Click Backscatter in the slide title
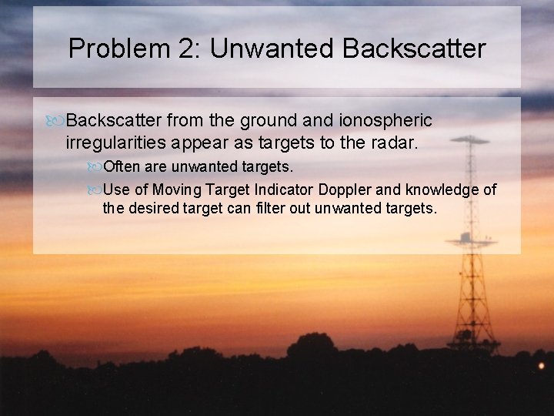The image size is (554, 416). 414,49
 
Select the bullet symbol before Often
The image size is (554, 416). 95,167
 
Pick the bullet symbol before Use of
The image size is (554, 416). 95,190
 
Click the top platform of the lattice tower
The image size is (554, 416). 469,141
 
